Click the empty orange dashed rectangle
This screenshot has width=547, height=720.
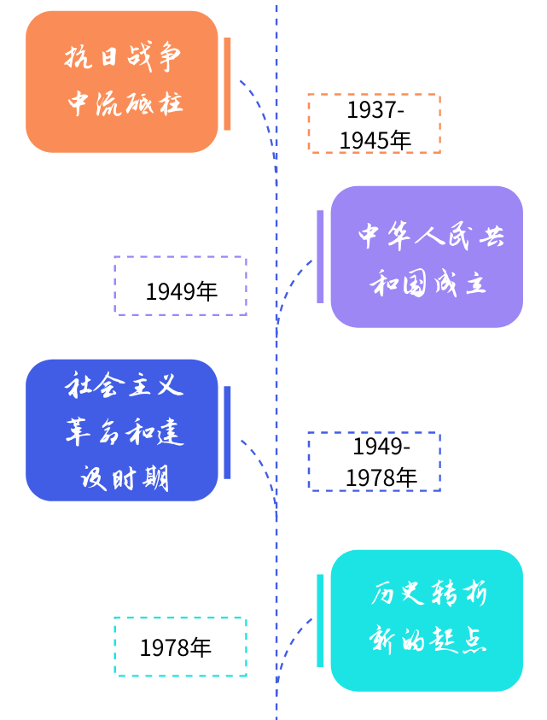(374, 123)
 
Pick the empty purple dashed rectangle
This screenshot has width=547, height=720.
(180, 285)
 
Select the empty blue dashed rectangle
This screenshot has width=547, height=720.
(374, 461)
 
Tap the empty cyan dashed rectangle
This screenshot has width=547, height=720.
(180, 647)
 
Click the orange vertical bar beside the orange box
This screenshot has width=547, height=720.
(227, 84)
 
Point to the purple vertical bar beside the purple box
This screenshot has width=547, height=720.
(320, 256)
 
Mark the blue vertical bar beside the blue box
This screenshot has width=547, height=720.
(227, 432)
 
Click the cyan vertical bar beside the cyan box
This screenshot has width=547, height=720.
(320, 620)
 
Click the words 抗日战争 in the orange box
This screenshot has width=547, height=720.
(124, 58)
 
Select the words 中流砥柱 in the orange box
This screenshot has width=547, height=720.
(124, 102)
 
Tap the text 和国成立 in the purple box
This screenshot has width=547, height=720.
(428, 283)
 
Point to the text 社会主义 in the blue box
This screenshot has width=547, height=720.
(124, 385)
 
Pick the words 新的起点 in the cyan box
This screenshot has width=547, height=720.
(428, 640)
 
